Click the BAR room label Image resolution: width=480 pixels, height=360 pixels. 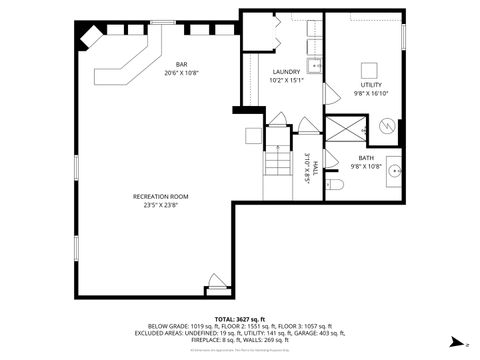pos(182,65)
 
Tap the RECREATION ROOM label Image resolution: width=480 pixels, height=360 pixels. pos(160,196)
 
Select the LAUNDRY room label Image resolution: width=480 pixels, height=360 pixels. pos(286,72)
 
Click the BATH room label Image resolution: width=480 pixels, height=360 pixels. pos(365,158)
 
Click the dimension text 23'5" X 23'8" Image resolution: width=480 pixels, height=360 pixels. pos(160,205)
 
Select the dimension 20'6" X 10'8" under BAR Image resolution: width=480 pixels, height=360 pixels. pos(182,73)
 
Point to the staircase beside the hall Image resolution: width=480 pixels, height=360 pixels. pos(277,164)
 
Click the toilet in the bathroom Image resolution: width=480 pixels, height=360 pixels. pos(398,171)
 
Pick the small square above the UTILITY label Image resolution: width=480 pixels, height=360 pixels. pos(368,69)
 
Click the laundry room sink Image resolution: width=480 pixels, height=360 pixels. pos(313,67)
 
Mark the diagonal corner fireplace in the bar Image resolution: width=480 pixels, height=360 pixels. pos(87,36)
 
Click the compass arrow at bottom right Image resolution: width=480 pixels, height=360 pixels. pos(455,341)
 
